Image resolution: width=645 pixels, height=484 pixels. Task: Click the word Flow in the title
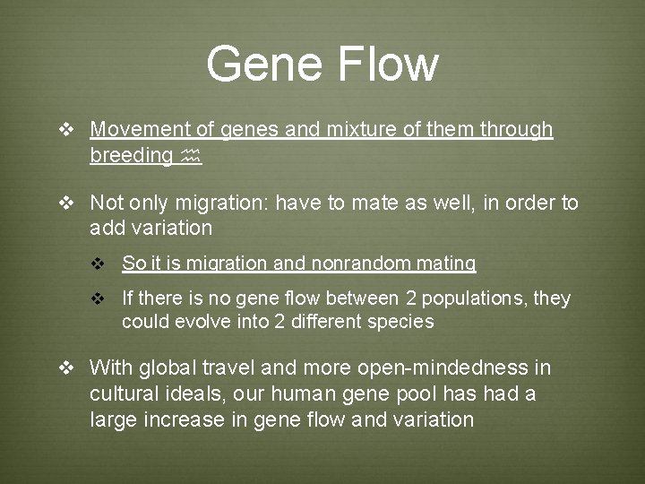387,64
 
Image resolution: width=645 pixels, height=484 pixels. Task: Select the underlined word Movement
141,130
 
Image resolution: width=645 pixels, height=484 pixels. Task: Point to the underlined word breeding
131,156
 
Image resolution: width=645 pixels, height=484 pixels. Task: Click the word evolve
197,322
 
